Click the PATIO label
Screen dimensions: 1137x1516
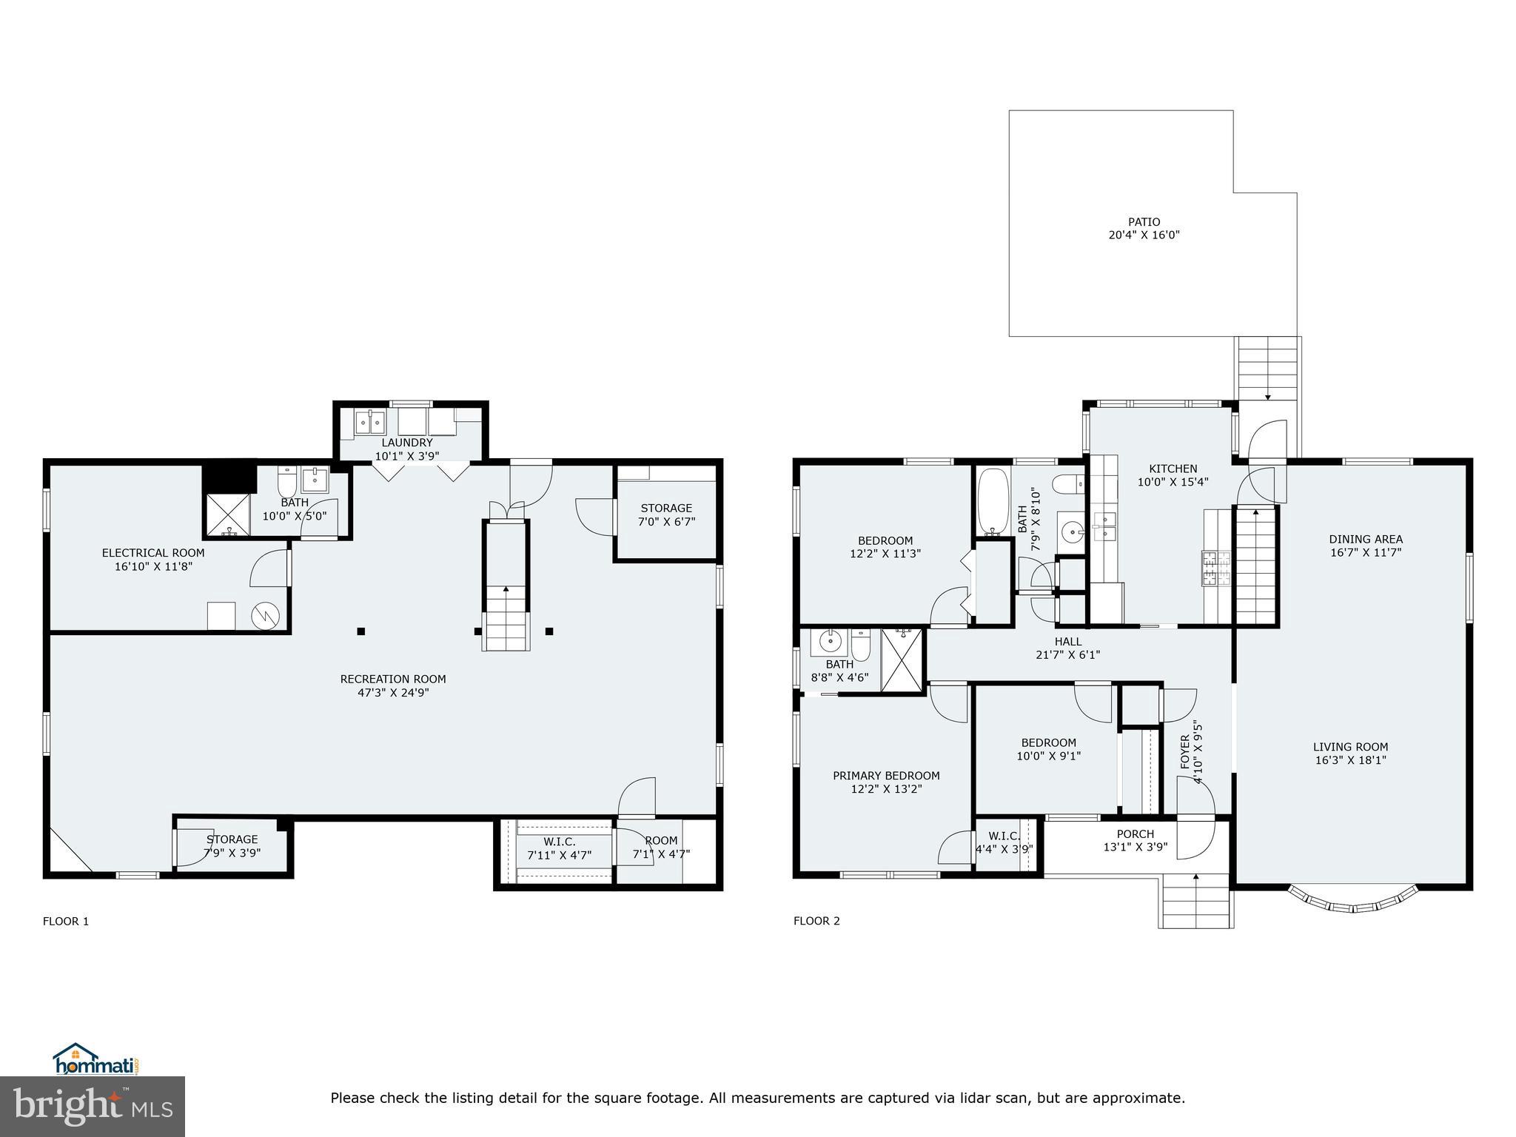[1144, 222]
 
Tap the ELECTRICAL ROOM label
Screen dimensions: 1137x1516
[153, 553]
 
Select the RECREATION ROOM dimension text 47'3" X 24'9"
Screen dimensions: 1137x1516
[393, 693]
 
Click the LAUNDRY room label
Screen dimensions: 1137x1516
[406, 443]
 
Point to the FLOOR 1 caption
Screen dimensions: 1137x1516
[66, 921]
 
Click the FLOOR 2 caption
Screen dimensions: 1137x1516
[816, 921]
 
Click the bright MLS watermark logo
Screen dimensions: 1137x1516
[93, 1106]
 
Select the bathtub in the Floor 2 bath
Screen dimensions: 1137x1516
[992, 501]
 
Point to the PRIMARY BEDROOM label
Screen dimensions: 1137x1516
[886, 776]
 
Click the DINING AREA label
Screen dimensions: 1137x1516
[1365, 540]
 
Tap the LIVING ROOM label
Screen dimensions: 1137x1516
[1350, 747]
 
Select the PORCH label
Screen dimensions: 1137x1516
[1135, 834]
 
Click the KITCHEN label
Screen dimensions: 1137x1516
[1173, 469]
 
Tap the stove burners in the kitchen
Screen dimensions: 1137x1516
[1216, 568]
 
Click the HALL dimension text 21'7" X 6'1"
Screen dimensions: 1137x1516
[1067, 654]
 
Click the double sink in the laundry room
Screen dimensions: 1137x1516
[369, 423]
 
